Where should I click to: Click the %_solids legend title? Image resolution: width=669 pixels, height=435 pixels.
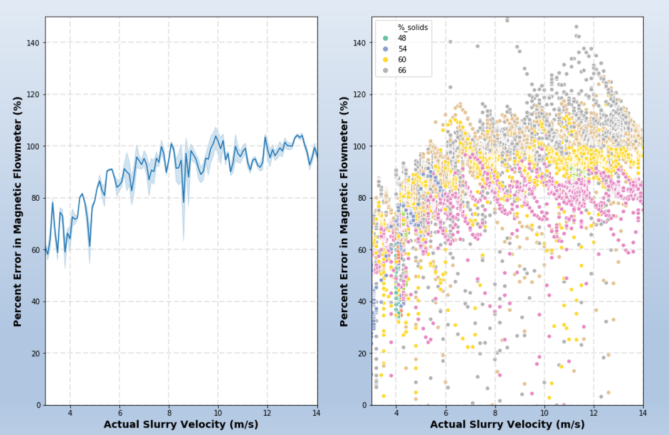(413, 27)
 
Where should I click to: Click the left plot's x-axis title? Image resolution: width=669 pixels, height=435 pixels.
(181, 424)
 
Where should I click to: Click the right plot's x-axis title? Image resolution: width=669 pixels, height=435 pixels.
(508, 424)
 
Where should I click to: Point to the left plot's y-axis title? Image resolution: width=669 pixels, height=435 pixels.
(18, 211)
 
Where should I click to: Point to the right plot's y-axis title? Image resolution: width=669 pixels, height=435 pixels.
(344, 211)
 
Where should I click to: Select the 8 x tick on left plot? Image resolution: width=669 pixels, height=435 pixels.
(169, 414)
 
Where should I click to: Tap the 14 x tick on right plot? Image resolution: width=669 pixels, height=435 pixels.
(643, 414)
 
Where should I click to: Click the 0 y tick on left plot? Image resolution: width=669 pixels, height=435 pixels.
(37, 405)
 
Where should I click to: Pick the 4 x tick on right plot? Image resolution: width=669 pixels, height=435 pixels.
(396, 414)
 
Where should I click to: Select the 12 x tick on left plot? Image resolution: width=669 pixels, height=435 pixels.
(267, 414)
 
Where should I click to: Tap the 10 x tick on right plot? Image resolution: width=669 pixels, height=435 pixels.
(544, 414)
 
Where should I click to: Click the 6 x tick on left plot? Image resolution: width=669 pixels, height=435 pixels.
(119, 414)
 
